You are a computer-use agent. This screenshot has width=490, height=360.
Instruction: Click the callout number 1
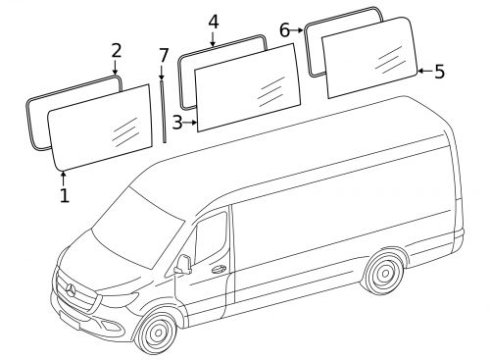pos(65,195)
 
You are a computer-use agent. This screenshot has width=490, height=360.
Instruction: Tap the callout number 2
pos(117,50)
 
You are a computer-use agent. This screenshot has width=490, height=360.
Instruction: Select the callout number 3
pos(176,123)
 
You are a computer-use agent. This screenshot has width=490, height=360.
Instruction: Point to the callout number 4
pos(213,22)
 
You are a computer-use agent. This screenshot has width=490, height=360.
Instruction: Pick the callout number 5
pos(439,71)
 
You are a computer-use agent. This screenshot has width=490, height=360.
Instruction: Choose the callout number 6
pos(285,30)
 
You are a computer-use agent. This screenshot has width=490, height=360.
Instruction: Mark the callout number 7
pos(163,54)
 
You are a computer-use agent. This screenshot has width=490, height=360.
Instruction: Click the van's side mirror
pos(182,264)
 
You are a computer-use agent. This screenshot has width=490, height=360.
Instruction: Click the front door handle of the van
pos(218,268)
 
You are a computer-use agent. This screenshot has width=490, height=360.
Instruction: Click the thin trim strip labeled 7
pos(165,108)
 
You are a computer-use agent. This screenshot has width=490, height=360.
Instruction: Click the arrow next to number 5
pos(425,71)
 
